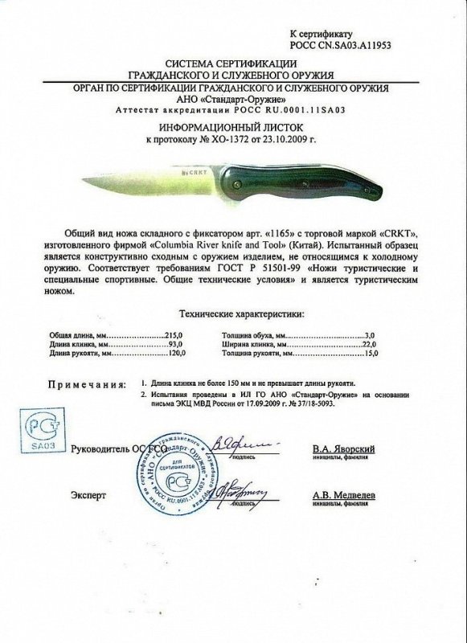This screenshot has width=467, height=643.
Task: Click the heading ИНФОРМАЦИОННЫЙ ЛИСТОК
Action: coord(233,127)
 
